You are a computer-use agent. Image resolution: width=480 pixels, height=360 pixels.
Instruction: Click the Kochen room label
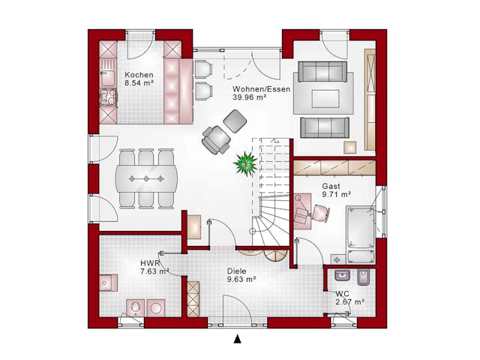click(x=139, y=75)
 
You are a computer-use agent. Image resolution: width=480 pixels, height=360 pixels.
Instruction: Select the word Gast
click(x=331, y=186)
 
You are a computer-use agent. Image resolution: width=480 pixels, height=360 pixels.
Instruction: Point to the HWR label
click(x=150, y=263)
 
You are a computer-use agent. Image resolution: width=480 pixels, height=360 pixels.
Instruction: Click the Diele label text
click(x=237, y=271)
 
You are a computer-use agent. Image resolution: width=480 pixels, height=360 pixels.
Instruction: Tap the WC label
click(x=342, y=294)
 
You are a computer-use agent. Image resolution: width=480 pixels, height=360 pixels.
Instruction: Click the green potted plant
click(x=245, y=163)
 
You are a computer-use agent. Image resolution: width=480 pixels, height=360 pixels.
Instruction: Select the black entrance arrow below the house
click(x=238, y=339)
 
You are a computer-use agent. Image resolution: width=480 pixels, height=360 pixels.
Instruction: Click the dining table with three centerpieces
click(x=146, y=178)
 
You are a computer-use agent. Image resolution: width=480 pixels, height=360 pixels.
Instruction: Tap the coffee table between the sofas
click(x=325, y=98)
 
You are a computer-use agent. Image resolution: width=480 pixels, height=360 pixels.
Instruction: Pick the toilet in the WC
click(x=363, y=277)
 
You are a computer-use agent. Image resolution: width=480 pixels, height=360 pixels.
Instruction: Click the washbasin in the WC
click(x=342, y=275)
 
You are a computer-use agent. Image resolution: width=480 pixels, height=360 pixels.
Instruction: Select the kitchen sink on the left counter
click(x=108, y=78)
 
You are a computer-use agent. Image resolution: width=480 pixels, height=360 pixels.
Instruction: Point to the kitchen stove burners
click(x=108, y=97)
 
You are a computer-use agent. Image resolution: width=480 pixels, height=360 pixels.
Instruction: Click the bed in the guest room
click(x=361, y=235)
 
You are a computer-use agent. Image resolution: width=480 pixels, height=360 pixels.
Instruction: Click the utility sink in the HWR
click(x=108, y=283)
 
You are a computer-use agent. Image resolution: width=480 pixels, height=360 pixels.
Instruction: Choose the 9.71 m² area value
click(x=337, y=194)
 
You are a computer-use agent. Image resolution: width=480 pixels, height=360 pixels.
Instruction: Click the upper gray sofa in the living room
click(x=322, y=72)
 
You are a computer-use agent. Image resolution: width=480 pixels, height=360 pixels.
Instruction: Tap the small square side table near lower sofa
click(x=350, y=147)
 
